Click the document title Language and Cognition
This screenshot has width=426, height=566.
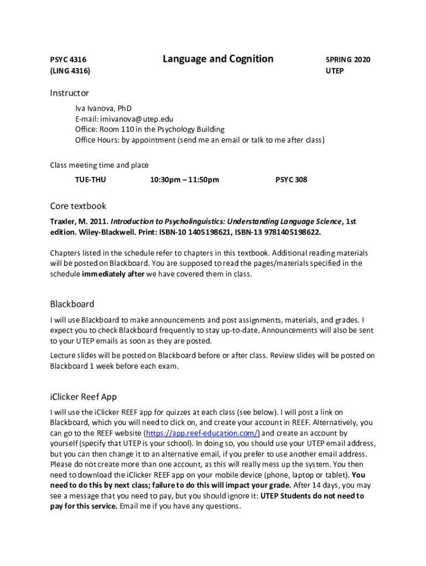point(218,59)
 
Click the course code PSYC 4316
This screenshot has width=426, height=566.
point(68,60)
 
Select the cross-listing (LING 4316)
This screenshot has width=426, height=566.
point(70,71)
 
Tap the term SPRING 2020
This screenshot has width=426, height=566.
point(348,60)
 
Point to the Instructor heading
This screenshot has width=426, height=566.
point(69,93)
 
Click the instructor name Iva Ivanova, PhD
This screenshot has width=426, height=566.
point(103,108)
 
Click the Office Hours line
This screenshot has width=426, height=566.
point(200,140)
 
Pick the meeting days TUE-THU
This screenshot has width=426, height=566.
point(90,180)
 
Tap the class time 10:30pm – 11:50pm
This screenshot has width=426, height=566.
point(184,180)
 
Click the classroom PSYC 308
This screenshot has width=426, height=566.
point(291,180)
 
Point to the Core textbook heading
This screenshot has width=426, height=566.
point(78,206)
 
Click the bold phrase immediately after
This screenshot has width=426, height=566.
point(113,274)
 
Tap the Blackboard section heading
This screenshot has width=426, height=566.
point(72,304)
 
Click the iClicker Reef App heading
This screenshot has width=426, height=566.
point(83,397)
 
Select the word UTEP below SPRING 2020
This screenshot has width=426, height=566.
point(335,71)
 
